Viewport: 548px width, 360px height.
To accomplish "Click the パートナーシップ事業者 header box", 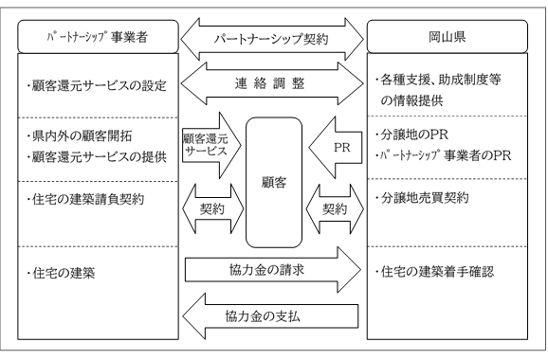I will coord(92,40).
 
